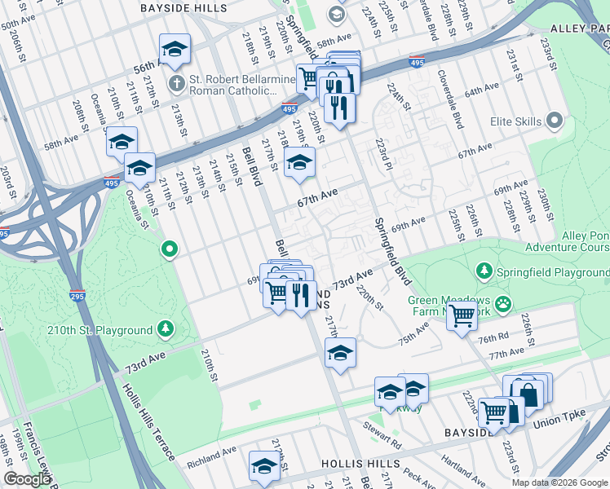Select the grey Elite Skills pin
[555, 121]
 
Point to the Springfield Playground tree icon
[484, 270]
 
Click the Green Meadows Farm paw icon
[506, 304]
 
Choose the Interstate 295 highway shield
[77, 296]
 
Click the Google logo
[27, 479]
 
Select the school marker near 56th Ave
[175, 51]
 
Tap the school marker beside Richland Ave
[264, 467]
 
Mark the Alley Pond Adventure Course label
[566, 241]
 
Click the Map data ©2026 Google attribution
[559, 482]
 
